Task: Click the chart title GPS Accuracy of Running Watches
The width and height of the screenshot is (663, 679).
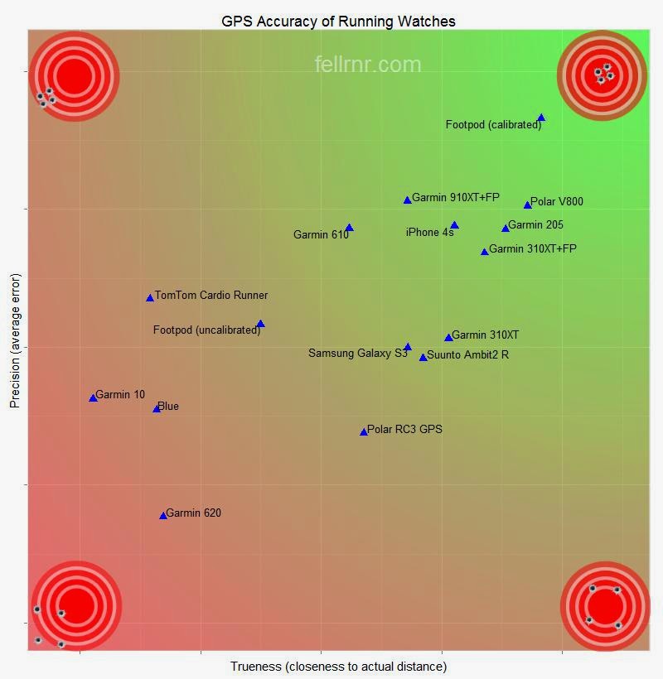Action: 338,21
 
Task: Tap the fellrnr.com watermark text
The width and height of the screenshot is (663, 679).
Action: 368,65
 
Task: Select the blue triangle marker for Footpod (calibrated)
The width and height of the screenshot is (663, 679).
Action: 541,118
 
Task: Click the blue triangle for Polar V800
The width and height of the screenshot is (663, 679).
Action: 527,205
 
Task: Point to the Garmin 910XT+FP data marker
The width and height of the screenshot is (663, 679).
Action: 407,200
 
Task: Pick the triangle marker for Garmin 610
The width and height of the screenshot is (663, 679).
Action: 349,228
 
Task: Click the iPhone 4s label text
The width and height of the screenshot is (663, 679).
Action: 429,233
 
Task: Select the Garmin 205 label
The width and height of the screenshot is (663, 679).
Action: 535,225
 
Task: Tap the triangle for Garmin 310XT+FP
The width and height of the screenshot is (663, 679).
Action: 485,252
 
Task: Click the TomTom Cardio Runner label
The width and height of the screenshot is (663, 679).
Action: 211,296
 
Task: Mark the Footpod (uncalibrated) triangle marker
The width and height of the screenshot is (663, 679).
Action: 260,325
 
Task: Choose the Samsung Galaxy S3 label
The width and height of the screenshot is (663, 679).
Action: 357,354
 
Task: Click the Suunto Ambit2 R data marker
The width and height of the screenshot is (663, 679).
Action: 423,358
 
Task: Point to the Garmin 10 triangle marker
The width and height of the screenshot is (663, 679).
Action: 93,398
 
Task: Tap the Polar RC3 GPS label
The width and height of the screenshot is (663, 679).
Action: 404,430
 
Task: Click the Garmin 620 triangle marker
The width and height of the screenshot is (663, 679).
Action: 163,516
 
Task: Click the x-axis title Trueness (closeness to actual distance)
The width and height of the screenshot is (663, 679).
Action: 338,667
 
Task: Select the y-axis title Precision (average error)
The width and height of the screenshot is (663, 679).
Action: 14,340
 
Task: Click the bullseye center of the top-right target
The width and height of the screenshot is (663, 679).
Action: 603,75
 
